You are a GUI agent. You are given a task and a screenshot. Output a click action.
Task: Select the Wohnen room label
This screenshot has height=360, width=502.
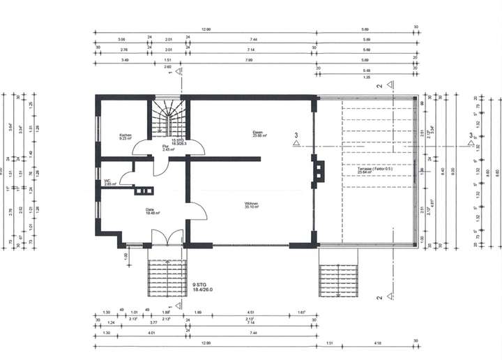click(x=251, y=205)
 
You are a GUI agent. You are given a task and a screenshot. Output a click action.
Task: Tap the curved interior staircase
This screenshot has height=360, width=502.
click(x=167, y=117)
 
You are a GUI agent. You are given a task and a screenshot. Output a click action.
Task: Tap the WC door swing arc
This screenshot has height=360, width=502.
click(x=127, y=179)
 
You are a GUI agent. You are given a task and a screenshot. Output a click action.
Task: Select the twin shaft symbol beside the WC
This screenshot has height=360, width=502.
click(x=146, y=190)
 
